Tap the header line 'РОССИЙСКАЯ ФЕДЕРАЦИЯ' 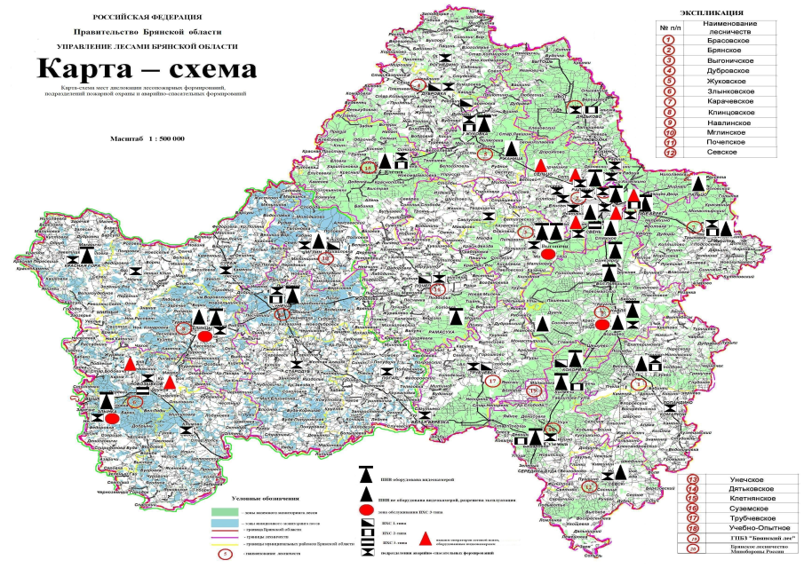(147, 17)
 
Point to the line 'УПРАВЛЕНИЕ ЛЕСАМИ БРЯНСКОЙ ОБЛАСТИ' (147, 45)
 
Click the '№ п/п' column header (671, 28)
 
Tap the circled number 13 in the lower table (693, 479)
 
